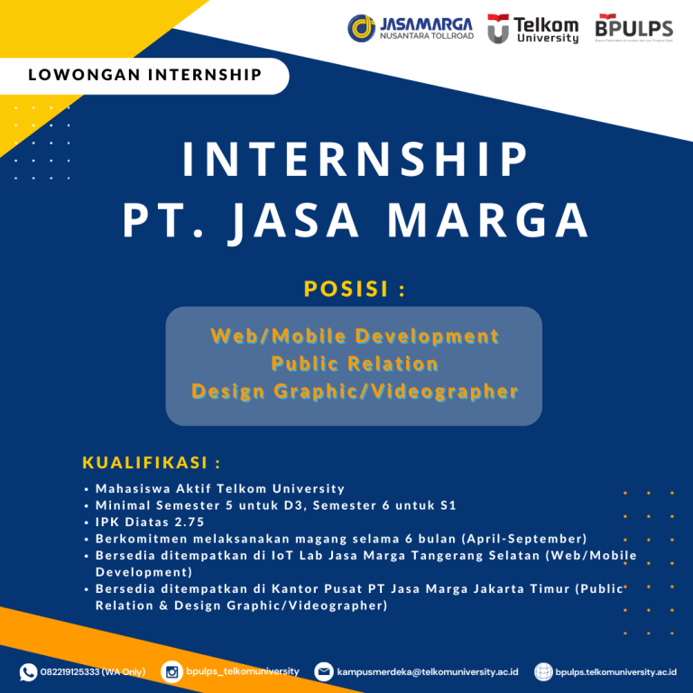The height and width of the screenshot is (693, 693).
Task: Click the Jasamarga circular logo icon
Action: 363,28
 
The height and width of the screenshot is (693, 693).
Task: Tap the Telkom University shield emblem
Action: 498,29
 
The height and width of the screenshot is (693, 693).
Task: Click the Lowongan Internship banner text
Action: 145,75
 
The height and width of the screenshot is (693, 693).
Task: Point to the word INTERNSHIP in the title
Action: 355,161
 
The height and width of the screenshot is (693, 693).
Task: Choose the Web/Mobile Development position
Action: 355,337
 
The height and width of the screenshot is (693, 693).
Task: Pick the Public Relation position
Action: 355,364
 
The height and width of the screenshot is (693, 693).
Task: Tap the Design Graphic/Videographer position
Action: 355,391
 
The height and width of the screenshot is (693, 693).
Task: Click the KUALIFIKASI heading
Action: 152,463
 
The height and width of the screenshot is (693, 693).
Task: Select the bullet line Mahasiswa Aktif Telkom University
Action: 220,488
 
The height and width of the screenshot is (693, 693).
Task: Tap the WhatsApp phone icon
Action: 29,671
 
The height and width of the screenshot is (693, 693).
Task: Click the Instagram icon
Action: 171,671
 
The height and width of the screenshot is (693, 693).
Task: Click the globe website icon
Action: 543,671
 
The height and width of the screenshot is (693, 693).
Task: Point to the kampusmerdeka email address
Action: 428,672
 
